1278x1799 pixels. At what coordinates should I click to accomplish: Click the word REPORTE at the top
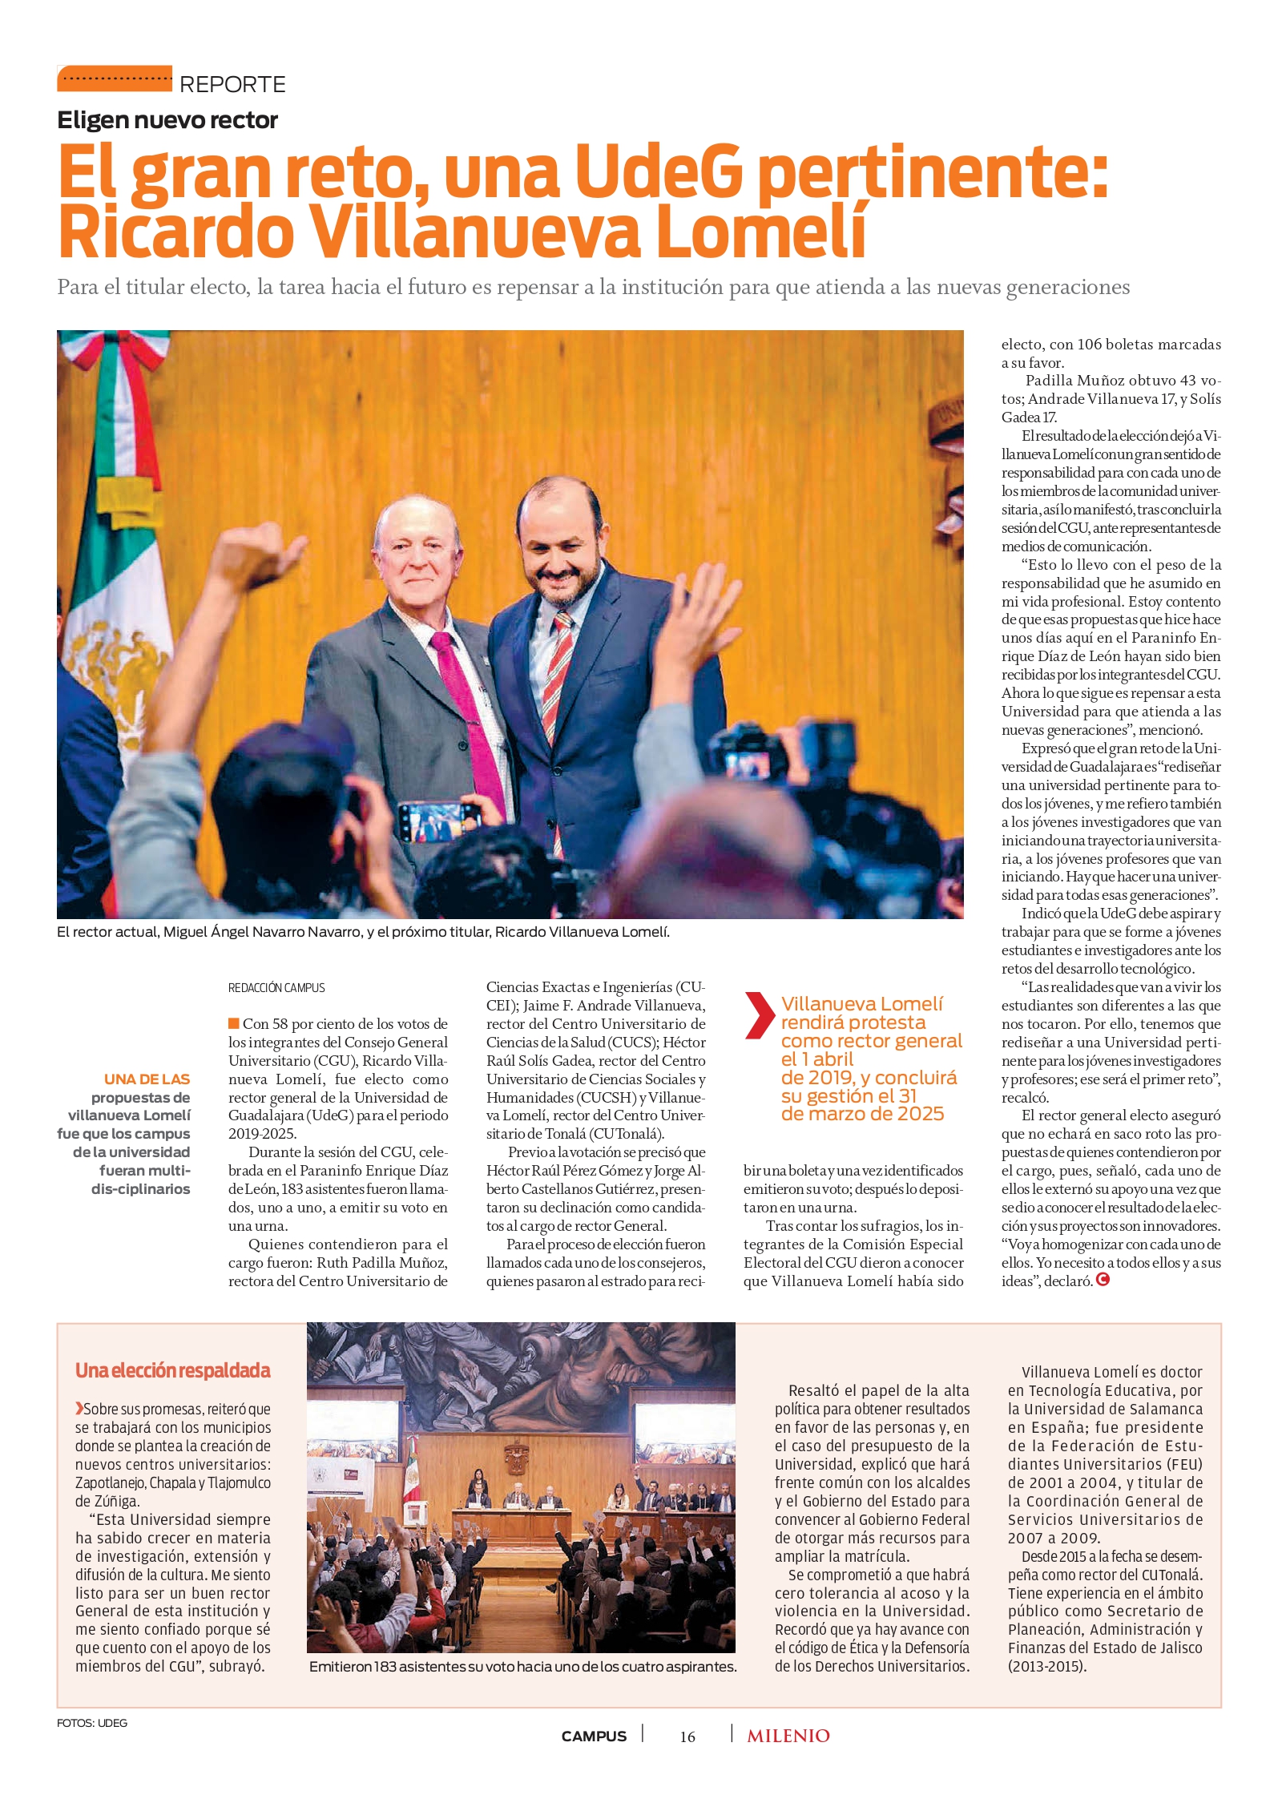pos(232,84)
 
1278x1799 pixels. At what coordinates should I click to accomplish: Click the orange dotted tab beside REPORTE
pos(115,79)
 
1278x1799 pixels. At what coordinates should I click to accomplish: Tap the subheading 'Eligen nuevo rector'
pos(167,120)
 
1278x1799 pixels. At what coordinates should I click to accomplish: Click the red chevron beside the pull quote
pos(757,1015)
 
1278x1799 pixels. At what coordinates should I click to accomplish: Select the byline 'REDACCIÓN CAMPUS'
pos(276,988)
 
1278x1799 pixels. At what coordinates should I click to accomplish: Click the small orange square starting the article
pos(234,1023)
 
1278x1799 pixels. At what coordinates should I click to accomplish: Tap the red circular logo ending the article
pos(1103,1280)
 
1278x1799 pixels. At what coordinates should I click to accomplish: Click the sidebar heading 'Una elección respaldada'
pos(173,1371)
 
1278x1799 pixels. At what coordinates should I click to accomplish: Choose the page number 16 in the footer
pos(687,1736)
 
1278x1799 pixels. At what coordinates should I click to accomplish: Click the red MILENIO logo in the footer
pos(788,1736)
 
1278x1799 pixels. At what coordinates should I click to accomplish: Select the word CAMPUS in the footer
pos(594,1736)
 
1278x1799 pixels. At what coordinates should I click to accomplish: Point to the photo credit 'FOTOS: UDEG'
pos(92,1723)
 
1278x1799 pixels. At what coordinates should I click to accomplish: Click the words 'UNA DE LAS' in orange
pos(147,1079)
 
